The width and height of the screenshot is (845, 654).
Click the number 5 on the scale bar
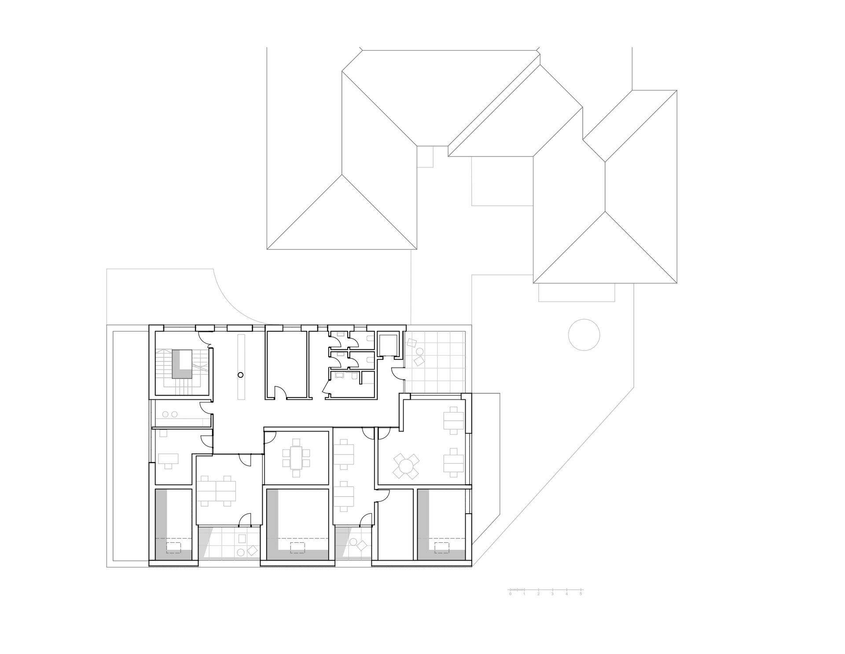(x=580, y=594)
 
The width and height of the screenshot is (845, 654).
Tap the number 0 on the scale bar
(x=510, y=594)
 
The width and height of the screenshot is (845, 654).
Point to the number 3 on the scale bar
(x=552, y=594)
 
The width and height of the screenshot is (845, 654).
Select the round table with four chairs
(x=406, y=466)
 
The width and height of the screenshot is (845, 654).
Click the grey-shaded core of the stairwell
(x=182, y=364)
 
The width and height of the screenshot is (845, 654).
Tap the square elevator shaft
(x=388, y=347)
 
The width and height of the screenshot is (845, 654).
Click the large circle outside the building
(x=584, y=335)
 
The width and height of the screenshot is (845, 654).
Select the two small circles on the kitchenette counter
(x=170, y=414)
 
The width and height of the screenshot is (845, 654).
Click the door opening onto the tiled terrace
(x=397, y=373)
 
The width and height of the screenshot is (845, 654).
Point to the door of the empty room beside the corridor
(x=280, y=393)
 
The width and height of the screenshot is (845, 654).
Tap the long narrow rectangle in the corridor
(x=241, y=367)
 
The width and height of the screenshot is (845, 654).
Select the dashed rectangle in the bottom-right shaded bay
(x=442, y=548)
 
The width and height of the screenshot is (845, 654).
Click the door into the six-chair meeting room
(x=270, y=437)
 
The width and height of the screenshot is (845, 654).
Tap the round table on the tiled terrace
(x=420, y=352)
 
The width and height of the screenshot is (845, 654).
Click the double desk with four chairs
(x=216, y=491)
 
